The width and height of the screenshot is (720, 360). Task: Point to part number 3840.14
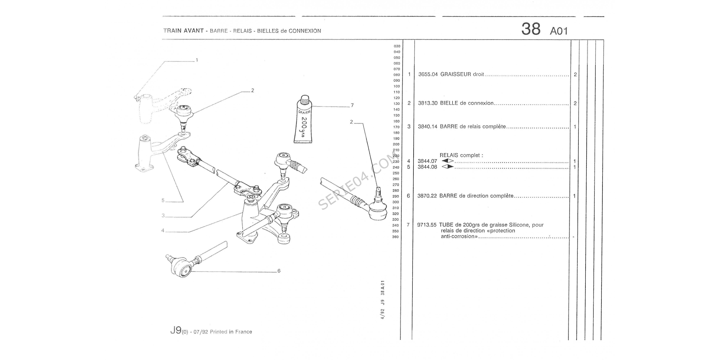pyautogui.click(x=427, y=127)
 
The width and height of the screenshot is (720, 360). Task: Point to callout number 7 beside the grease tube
pyautogui.click(x=352, y=105)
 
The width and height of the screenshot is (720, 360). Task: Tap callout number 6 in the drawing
pyautogui.click(x=279, y=271)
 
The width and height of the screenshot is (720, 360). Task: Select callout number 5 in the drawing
pyautogui.click(x=163, y=200)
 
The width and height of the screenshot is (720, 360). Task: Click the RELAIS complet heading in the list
pyautogui.click(x=461, y=155)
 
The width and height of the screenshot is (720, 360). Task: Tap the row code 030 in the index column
pyautogui.click(x=397, y=46)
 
